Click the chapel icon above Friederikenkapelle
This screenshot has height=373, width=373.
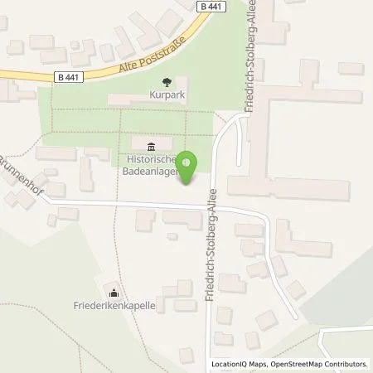click(113, 292)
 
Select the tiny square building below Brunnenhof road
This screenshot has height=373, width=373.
click(172, 236)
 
